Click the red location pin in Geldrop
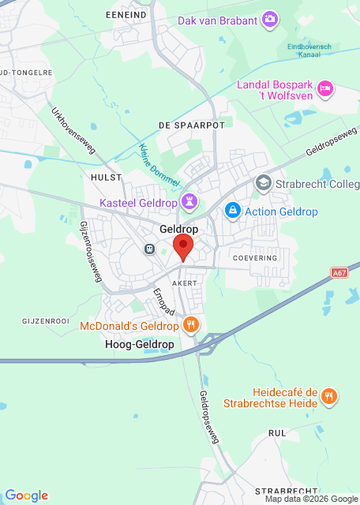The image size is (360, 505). pyautogui.click(x=183, y=246)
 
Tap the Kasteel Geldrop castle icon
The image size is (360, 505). pyautogui.click(x=189, y=202)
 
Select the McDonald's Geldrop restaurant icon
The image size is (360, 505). pyautogui.click(x=190, y=325)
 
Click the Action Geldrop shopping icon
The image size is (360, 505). pyautogui.click(x=232, y=211)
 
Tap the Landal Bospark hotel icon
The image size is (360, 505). pyautogui.click(x=325, y=89)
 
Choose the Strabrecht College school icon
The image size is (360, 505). pyautogui.click(x=264, y=184)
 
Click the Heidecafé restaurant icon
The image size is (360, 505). pyautogui.click(x=330, y=397)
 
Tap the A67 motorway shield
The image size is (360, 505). pyautogui.click(x=339, y=273)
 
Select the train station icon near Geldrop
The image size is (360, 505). pyautogui.click(x=149, y=249)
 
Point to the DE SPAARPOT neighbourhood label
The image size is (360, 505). pyautogui.click(x=192, y=125)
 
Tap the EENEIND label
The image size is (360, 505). pyautogui.click(x=126, y=14)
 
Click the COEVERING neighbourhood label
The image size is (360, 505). pyautogui.click(x=255, y=258)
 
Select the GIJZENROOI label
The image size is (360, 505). pyautogui.click(x=47, y=322)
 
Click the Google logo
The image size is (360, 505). pyautogui.click(x=26, y=496)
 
